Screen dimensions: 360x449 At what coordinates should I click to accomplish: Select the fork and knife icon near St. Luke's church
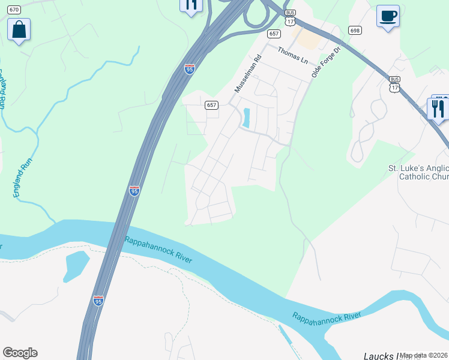(x=438, y=109)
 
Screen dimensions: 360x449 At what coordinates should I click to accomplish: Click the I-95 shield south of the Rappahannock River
(x=98, y=301)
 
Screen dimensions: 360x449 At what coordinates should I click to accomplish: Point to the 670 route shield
(x=14, y=10)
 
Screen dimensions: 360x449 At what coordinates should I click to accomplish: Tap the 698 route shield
(x=355, y=30)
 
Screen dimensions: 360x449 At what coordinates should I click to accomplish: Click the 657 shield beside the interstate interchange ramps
(x=274, y=34)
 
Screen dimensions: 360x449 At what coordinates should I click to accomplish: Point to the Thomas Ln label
(x=292, y=56)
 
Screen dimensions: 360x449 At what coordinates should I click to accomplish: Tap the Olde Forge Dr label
(x=326, y=62)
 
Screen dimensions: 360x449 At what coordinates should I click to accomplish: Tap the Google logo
(x=20, y=353)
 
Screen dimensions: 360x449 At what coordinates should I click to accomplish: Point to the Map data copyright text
(x=424, y=355)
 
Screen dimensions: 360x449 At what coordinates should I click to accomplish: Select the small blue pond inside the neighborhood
(x=246, y=116)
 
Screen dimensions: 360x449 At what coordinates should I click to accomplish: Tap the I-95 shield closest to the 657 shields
(x=190, y=69)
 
